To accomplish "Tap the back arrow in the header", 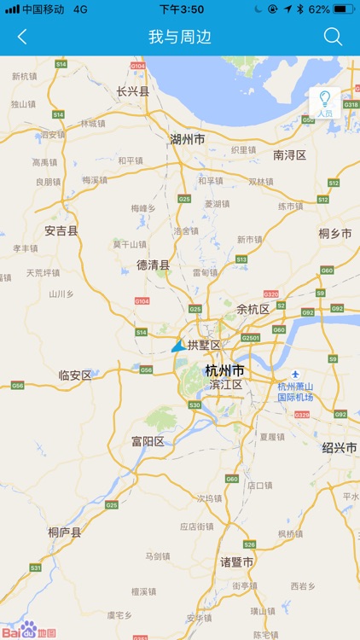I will [x=22, y=37].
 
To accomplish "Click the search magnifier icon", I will [x=333, y=37].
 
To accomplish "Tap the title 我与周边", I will [x=179, y=37].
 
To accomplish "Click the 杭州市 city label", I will [x=224, y=370].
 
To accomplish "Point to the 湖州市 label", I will [x=187, y=139].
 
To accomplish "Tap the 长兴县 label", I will [x=132, y=90].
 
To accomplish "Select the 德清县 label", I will [x=153, y=265].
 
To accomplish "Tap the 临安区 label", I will [x=74, y=375].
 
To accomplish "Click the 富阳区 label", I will [x=147, y=441].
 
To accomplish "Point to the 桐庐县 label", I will [x=64, y=532].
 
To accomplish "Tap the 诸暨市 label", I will [x=236, y=562].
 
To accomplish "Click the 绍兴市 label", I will [x=339, y=447].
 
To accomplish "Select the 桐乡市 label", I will [x=334, y=233].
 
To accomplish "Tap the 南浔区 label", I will [x=289, y=154].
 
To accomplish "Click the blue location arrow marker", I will [x=177, y=346].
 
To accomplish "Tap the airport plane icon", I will [x=295, y=375].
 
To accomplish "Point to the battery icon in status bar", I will [x=344, y=9].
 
